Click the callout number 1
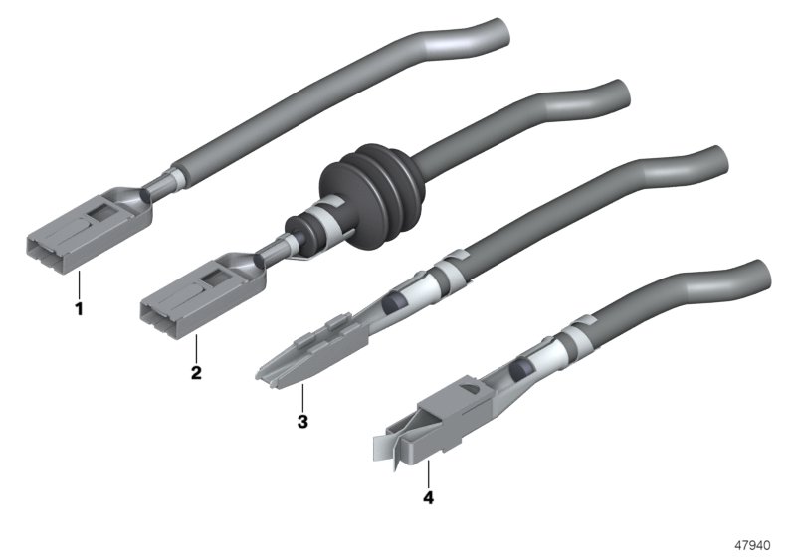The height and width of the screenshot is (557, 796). [x=79, y=308]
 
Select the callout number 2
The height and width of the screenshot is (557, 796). [x=196, y=372]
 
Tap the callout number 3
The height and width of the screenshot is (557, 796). [x=302, y=421]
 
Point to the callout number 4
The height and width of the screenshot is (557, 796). [x=429, y=497]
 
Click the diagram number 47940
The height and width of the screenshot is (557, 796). [x=752, y=545]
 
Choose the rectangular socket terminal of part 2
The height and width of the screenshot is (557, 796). [x=202, y=295]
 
